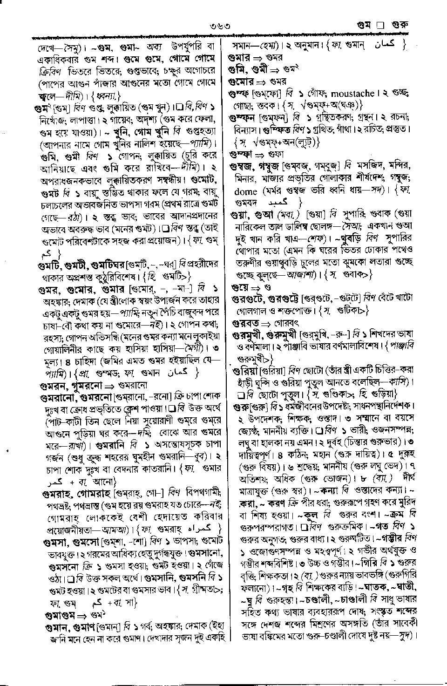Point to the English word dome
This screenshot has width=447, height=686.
pyautogui.click(x=245, y=191)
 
